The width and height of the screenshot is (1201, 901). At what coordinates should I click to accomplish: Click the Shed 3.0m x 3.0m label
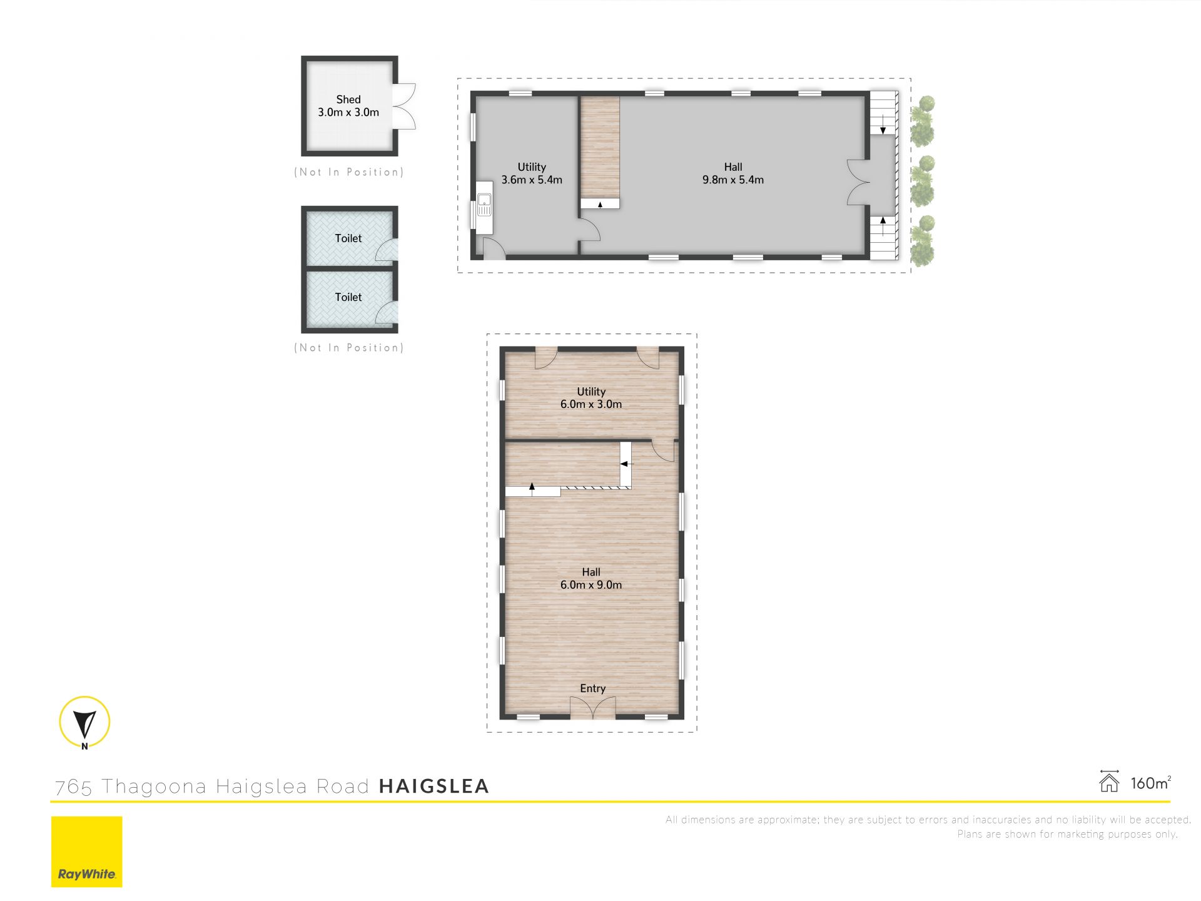click(x=348, y=106)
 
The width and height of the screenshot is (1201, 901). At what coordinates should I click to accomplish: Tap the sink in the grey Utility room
click(x=484, y=204)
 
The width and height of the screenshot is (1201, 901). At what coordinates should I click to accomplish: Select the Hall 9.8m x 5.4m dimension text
click(x=733, y=180)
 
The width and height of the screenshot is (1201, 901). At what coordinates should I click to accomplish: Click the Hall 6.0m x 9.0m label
click(x=591, y=578)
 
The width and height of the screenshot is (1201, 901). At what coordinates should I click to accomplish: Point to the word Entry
click(x=592, y=688)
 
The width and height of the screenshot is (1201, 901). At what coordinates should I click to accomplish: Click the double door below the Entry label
click(x=592, y=707)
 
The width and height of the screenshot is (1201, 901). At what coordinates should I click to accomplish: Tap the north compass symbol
click(x=84, y=723)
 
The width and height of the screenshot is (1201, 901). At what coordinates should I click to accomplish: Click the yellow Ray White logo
click(x=86, y=852)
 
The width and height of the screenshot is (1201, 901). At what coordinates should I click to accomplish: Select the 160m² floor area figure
click(x=1150, y=783)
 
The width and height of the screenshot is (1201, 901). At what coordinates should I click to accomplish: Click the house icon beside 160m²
click(x=1109, y=781)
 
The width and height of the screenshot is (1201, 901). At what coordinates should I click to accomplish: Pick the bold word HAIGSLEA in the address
click(x=434, y=786)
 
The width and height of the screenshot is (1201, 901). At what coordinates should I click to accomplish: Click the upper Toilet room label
click(x=348, y=238)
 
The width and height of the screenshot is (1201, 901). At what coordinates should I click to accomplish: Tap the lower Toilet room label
click(x=348, y=297)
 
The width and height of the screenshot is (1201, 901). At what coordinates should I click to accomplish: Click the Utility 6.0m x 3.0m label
click(x=591, y=398)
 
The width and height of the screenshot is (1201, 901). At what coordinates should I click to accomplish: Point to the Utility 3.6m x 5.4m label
click(x=532, y=173)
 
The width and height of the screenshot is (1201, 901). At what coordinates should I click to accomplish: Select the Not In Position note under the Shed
click(x=349, y=172)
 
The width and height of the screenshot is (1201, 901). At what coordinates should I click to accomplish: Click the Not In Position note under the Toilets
click(x=349, y=348)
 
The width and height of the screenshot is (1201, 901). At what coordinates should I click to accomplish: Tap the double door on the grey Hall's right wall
click(x=859, y=182)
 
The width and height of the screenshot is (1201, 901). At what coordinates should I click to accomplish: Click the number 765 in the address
click(x=74, y=787)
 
